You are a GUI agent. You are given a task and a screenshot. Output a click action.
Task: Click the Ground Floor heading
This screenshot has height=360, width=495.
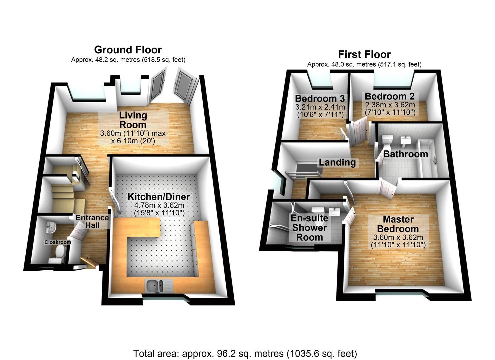[x=128, y=50]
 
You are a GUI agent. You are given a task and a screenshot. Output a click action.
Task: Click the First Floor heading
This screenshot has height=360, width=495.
[x=364, y=54]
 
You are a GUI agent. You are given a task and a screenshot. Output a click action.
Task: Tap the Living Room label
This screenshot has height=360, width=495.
[x=133, y=120]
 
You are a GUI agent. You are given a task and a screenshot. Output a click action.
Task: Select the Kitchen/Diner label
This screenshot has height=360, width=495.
[x=159, y=197]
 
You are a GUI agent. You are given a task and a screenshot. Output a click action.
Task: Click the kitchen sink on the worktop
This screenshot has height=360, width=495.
[x=155, y=286]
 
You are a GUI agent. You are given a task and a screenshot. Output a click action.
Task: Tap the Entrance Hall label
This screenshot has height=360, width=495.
[x=92, y=221]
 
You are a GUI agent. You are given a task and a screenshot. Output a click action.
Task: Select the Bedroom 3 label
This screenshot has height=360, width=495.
[x=320, y=98]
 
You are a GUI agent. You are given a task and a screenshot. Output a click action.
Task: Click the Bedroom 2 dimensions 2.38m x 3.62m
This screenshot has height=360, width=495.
[x=390, y=105]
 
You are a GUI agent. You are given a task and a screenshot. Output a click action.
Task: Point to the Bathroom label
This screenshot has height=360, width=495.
[x=405, y=154]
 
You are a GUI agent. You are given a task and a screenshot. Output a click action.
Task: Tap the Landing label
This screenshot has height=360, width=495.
[x=337, y=162]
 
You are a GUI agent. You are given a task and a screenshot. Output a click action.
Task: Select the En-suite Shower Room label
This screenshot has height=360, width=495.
[x=309, y=228]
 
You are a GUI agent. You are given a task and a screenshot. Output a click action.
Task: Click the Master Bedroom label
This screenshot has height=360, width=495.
[x=398, y=224]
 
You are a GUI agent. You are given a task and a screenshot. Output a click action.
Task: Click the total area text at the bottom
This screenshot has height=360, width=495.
[x=245, y=353]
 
